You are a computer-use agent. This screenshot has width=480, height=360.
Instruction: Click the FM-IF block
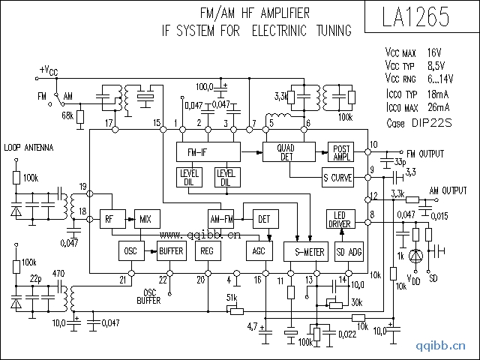pyautogui.click(x=208, y=151)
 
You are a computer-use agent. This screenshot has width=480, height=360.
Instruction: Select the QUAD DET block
pyautogui.click(x=285, y=151)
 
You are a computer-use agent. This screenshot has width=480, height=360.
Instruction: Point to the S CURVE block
pyautogui.click(x=337, y=178)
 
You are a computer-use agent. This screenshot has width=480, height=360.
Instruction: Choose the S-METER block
pyautogui.click(x=304, y=252)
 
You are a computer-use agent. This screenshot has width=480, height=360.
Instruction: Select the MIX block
pyautogui.click(x=145, y=219)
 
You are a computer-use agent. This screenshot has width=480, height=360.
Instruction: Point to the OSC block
pyautogui.click(x=130, y=252)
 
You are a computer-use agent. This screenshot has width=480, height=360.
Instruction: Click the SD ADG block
pyautogui.click(x=349, y=252)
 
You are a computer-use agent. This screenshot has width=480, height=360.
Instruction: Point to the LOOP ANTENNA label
pyautogui.click(x=28, y=148)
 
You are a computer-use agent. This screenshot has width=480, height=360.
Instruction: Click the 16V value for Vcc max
pyautogui.click(x=435, y=53)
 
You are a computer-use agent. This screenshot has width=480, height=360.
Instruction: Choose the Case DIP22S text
pyautogui.click(x=419, y=122)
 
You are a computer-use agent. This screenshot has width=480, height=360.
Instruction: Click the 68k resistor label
pyautogui.click(x=67, y=115)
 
